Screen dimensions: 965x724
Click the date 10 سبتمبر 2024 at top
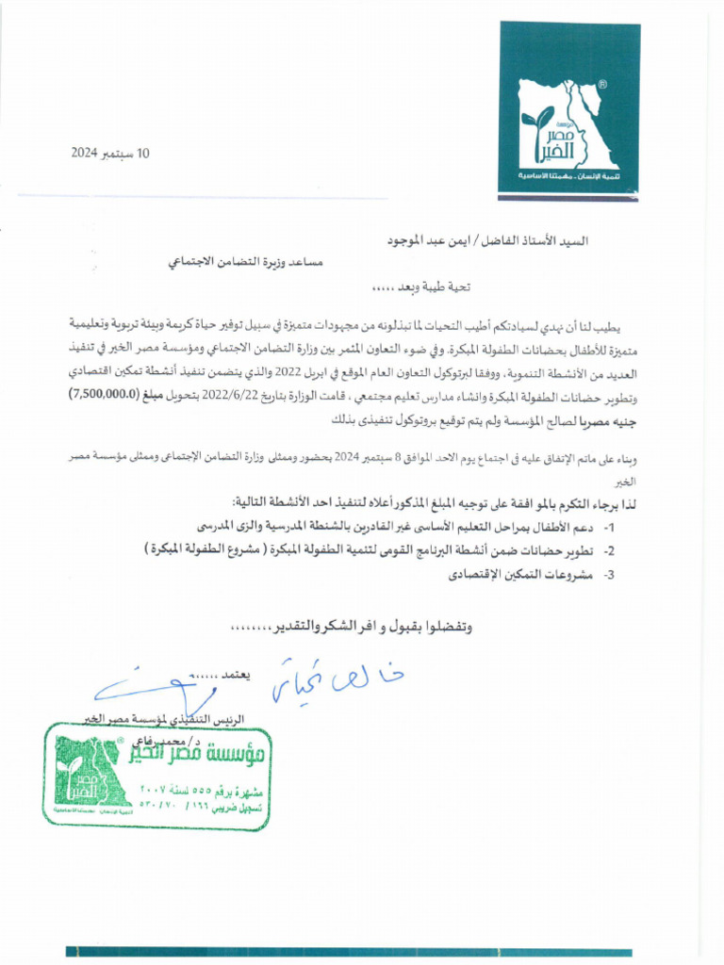tap(110, 153)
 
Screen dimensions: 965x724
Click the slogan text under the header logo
tap(568, 176)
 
